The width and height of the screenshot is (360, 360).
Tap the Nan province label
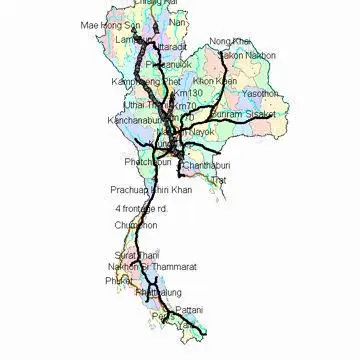coord(178,21)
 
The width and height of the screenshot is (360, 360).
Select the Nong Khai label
coord(228,42)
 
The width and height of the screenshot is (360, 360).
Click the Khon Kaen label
coord(213,80)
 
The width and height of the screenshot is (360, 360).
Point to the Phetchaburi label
coord(147,160)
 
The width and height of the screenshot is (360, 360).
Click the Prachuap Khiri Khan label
coord(150,188)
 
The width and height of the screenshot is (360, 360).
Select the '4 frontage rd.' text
coord(141,207)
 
